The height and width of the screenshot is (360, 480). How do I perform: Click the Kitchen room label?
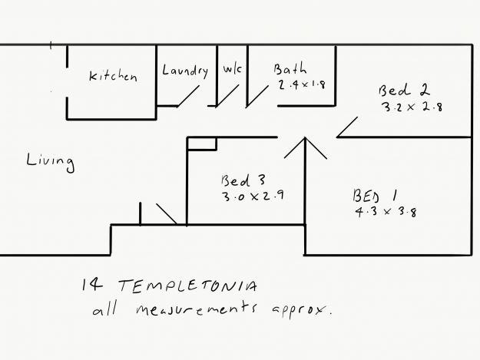point(113,76)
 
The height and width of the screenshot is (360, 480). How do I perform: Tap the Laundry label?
point(185,71)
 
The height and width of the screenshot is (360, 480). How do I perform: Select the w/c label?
point(232,70)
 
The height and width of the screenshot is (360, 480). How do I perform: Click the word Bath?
point(290,70)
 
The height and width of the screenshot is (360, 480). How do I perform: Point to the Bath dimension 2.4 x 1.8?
point(303,84)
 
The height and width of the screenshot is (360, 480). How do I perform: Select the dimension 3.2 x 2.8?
point(412,107)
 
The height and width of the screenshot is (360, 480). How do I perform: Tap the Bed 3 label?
point(243,181)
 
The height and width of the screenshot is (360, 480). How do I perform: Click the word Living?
point(50,161)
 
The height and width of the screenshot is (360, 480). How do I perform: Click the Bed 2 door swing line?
point(349,127)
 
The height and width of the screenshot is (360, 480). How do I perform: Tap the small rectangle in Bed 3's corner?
point(202,144)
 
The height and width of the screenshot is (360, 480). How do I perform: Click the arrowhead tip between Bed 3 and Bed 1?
point(306,139)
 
